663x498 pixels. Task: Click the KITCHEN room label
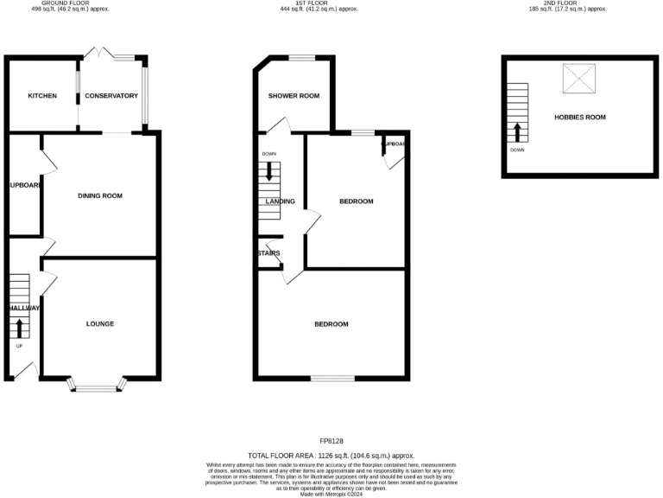pyautogui.click(x=41, y=96)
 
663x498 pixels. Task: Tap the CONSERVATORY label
pyautogui.click(x=112, y=96)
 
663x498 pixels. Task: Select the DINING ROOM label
pyautogui.click(x=100, y=196)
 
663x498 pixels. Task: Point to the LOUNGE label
pyautogui.click(x=100, y=324)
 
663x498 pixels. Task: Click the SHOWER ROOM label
pyautogui.click(x=294, y=96)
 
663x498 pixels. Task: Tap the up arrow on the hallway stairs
pyautogui.click(x=20, y=328)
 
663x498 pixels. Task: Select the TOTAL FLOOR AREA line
pyautogui.click(x=331, y=455)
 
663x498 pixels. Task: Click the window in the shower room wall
pyautogui.click(x=301, y=58)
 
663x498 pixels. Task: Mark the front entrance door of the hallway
pyautogui.click(x=23, y=370)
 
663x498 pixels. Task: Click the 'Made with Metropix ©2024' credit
pyautogui.click(x=331, y=494)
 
